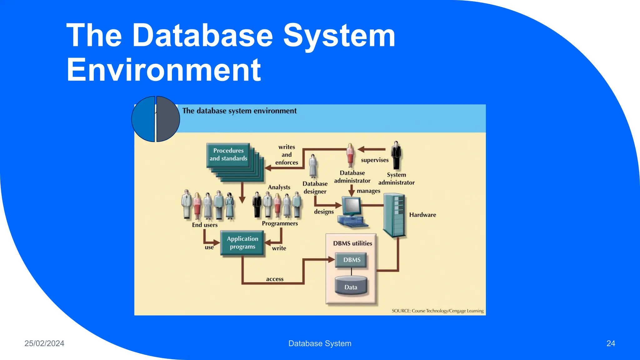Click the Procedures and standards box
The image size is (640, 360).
(228, 155)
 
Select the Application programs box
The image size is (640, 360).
(242, 243)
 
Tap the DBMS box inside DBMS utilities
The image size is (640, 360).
(352, 260)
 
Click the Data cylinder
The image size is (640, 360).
(351, 286)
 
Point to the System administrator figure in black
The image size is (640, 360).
(396, 155)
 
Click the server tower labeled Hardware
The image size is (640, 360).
(395, 215)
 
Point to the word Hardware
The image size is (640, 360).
(422, 215)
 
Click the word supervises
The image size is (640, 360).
(375, 160)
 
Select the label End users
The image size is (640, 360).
(205, 225)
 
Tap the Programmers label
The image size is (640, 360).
(280, 223)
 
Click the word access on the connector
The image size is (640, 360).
(275, 279)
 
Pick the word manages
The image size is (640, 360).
(368, 191)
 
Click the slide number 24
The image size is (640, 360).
(611, 343)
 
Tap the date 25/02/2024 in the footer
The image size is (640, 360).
(44, 343)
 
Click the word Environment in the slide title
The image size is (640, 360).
(164, 70)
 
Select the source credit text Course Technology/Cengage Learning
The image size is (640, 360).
(437, 311)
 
